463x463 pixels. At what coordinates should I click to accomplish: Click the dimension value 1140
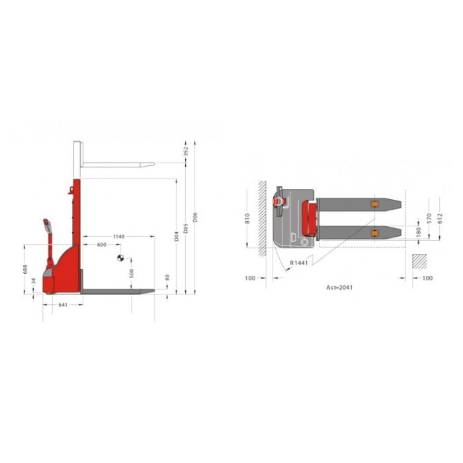(x=118, y=236)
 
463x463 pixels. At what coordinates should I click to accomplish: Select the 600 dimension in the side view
(x=101, y=245)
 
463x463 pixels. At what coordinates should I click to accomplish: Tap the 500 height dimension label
(x=132, y=273)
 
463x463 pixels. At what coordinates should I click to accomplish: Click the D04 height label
(x=177, y=235)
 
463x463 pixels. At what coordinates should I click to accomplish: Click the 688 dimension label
(x=25, y=269)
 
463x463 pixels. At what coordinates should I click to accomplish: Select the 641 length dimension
(x=63, y=305)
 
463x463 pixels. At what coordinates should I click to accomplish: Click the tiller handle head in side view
(x=46, y=223)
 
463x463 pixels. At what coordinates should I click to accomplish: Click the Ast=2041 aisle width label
(x=339, y=288)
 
